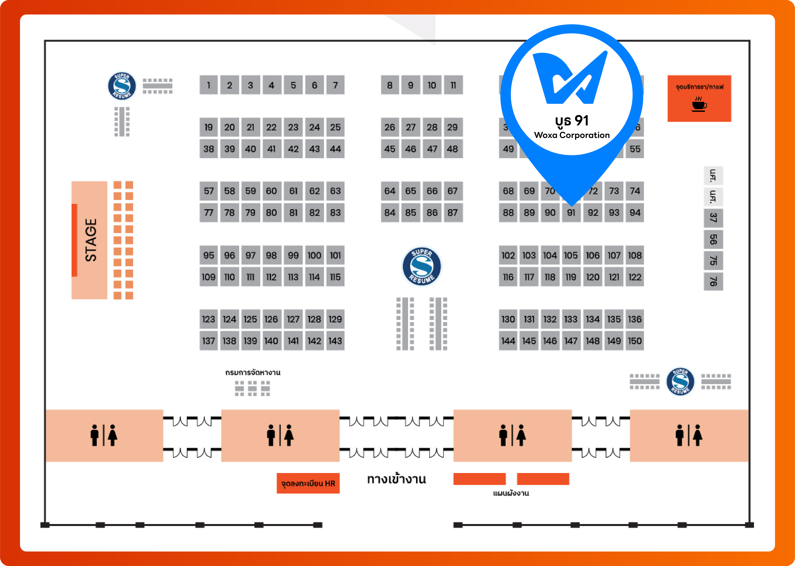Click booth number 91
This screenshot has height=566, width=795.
[x=571, y=213]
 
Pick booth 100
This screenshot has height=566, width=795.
[x=314, y=256]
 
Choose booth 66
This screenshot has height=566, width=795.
[x=432, y=191]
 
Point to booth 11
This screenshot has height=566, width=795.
[x=453, y=85]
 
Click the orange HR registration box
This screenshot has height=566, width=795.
[x=308, y=483]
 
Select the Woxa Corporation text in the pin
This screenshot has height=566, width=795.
[x=572, y=135]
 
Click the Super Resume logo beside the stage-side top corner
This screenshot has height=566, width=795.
[x=122, y=86]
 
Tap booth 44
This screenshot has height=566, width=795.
[x=335, y=149]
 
